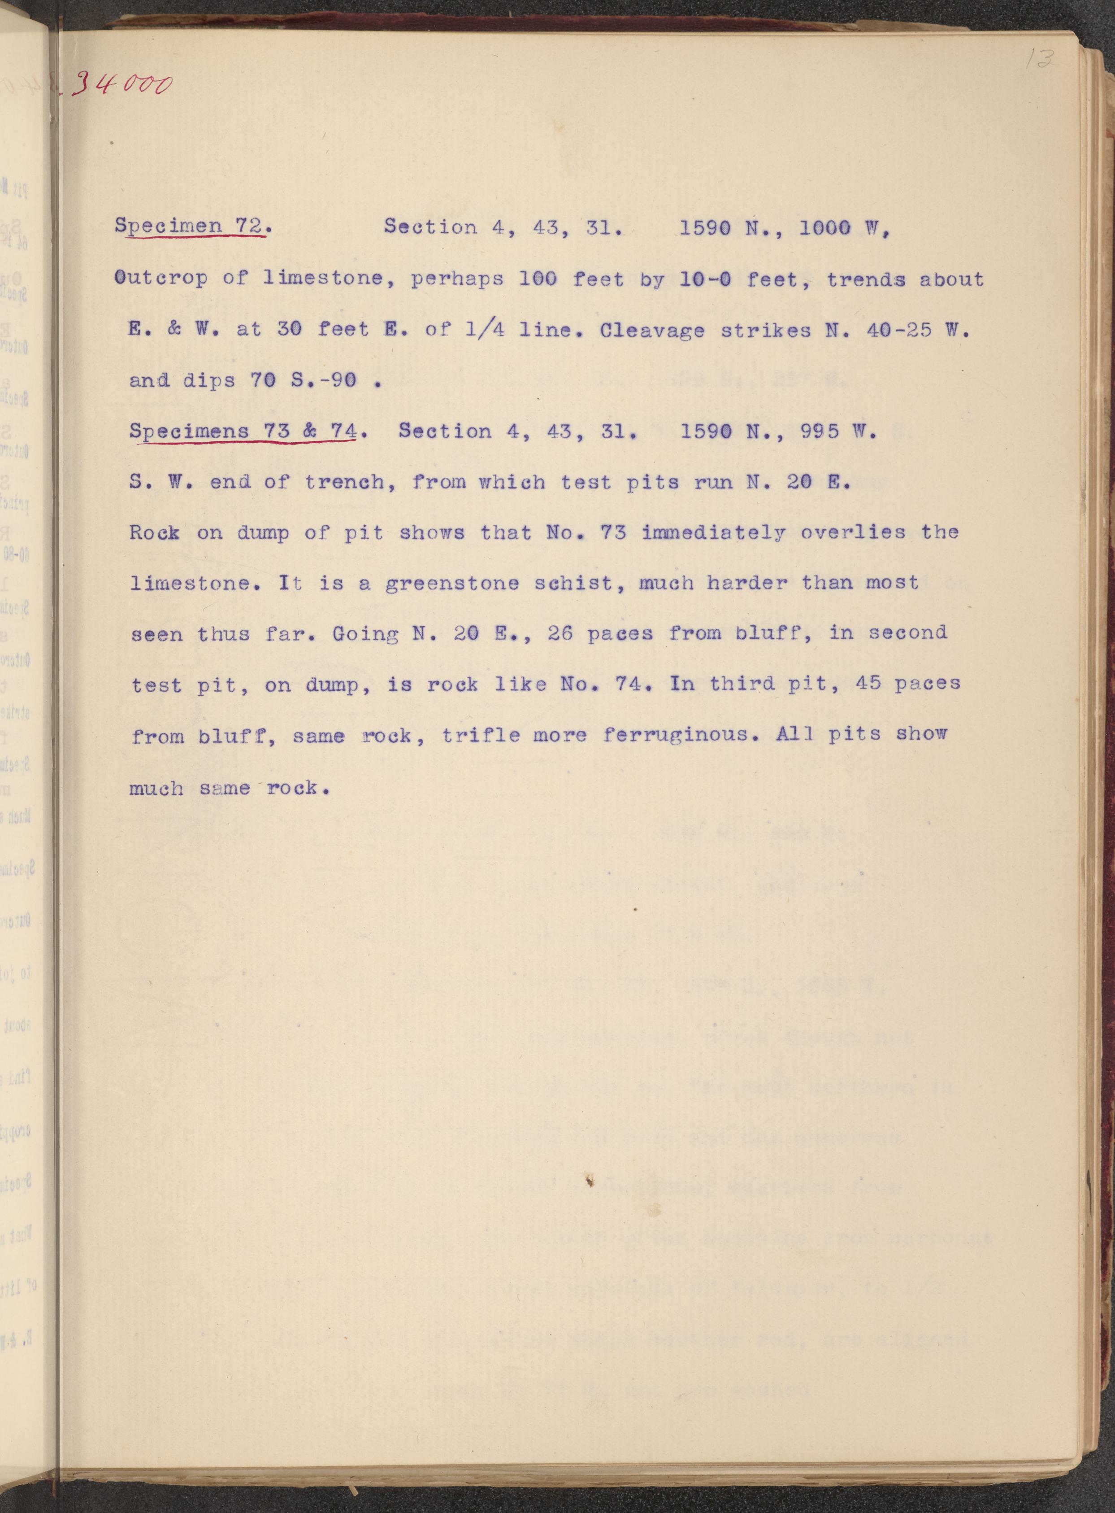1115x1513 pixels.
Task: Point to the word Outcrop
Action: point(161,278)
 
